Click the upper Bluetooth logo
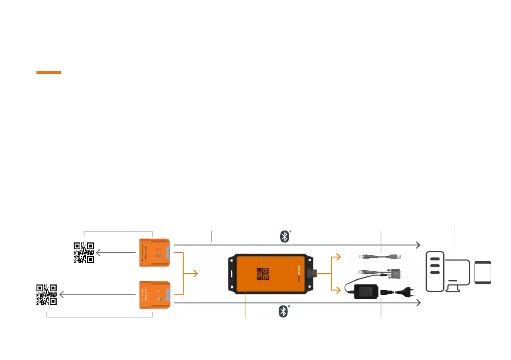284,237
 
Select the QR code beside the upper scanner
84,252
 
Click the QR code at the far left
46,294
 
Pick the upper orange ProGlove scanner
155,253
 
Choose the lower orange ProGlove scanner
155,295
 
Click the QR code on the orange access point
263,274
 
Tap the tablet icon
483,272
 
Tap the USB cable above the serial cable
380,257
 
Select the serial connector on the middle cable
395,273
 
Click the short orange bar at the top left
48,73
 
